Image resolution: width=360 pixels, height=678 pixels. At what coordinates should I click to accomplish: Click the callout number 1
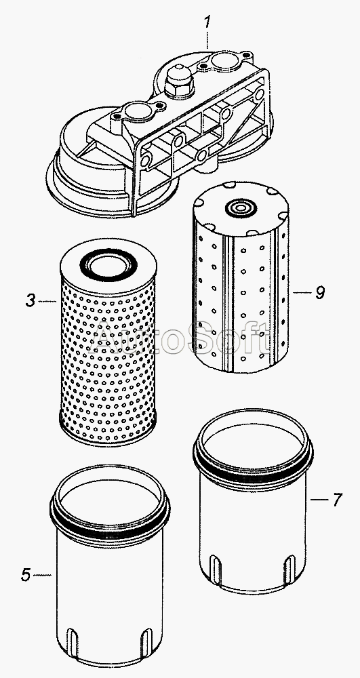tap(207, 23)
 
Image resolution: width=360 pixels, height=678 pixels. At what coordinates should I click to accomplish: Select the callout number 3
tap(30, 300)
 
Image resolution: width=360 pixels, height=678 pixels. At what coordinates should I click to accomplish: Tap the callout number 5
tap(26, 575)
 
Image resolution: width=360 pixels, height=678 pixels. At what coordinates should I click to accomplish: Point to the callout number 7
tap(337, 500)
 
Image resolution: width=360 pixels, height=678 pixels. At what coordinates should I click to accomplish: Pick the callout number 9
tap(320, 293)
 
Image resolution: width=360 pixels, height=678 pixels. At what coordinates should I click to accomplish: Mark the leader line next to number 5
tap(42, 575)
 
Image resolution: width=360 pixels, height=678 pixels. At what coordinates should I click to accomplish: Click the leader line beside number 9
tap(302, 293)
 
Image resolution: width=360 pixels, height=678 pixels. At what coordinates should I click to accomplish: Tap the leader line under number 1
tap(207, 40)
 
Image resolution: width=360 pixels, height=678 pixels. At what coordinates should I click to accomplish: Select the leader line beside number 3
tap(47, 301)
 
